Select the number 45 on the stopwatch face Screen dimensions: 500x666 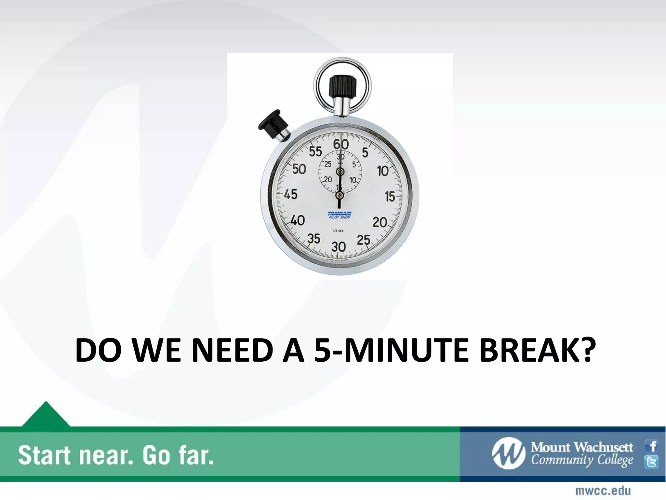(290, 194)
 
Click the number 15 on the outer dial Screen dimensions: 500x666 (390, 196)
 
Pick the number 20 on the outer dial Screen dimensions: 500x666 (380, 223)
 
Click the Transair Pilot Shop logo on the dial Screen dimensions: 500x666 (339, 215)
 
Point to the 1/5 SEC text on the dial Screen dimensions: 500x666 (339, 231)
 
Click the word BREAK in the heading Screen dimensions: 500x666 (535, 351)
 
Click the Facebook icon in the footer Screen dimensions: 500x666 (652, 446)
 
